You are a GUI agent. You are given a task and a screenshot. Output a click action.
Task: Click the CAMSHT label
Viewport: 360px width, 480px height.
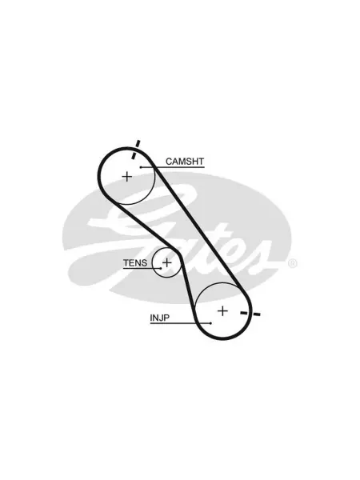[x=185, y=162]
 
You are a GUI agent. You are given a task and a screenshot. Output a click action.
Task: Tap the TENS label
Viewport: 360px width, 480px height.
[x=135, y=263]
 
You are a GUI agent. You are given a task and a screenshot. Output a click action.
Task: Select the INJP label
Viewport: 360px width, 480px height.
[x=159, y=318]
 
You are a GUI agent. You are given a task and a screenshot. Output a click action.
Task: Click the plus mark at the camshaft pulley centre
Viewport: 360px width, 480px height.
[x=126, y=177]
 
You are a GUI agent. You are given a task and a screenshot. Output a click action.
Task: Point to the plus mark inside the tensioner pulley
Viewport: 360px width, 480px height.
[x=167, y=262]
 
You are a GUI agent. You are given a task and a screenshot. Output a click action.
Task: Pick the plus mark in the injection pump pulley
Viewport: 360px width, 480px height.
[x=222, y=311]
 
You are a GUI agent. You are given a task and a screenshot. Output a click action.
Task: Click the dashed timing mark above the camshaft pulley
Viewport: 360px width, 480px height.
[x=136, y=150]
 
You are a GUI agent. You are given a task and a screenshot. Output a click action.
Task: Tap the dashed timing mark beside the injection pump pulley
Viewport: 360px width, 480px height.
[x=250, y=314]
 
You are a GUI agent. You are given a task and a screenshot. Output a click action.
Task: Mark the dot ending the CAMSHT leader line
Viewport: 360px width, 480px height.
[x=141, y=167]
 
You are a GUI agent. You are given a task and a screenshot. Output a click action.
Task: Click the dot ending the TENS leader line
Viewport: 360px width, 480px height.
[x=161, y=269]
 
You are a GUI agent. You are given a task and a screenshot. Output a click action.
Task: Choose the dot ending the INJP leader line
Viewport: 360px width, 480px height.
[x=211, y=323]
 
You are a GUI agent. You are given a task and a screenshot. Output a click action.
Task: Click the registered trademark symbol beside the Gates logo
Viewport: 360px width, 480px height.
[x=292, y=263]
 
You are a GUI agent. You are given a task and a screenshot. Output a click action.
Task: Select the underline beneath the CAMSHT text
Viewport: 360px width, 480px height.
[x=172, y=167]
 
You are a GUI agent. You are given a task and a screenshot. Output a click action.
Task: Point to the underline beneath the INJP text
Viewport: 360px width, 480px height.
[x=181, y=323]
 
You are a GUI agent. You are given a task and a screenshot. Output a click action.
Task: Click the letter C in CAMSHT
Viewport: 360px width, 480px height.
[x=169, y=162]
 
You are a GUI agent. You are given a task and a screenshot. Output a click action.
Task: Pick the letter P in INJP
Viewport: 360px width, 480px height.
[x=166, y=318]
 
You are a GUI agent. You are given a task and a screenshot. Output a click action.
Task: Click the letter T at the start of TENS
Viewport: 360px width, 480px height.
[x=126, y=263]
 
